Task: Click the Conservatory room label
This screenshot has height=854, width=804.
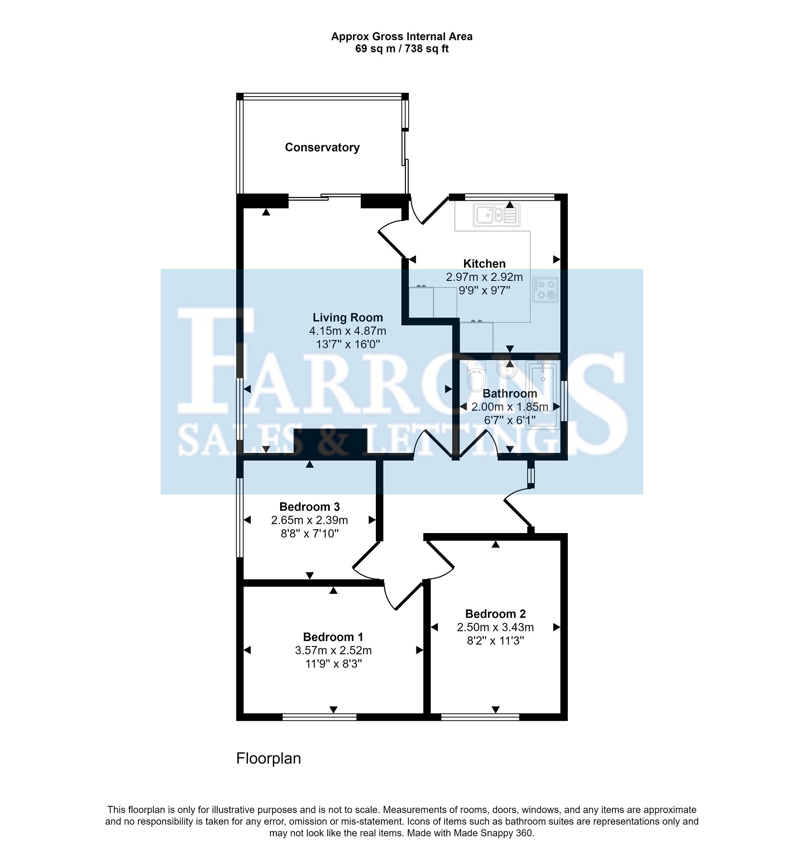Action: tap(322, 147)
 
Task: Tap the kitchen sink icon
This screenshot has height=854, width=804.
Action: tap(496, 215)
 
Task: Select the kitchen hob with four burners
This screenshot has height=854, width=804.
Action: tap(545, 290)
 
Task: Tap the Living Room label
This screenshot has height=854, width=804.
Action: tap(347, 318)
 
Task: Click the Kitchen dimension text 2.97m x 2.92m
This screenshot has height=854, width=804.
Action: tap(484, 277)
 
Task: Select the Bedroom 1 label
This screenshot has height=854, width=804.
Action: tap(333, 637)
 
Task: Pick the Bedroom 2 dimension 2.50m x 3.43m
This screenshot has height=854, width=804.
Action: tap(495, 627)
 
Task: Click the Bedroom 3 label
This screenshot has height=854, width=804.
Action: tap(309, 506)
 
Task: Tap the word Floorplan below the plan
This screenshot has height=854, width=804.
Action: tap(268, 758)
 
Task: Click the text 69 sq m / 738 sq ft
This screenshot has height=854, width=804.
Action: tap(401, 49)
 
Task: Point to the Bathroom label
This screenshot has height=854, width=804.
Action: tap(510, 393)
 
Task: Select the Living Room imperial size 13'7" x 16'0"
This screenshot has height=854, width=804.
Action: tap(348, 344)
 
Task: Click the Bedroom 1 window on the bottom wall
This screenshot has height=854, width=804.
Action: tap(319, 717)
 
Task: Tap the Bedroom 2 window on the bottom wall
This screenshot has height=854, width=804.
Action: tap(480, 717)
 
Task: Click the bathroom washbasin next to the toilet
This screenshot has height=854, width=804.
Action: tap(507, 370)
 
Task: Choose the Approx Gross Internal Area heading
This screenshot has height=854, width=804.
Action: tap(401, 37)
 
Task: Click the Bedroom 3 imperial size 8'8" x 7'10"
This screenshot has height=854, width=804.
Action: tap(309, 533)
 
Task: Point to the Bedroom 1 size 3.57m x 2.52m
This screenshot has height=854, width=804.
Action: tap(333, 650)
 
